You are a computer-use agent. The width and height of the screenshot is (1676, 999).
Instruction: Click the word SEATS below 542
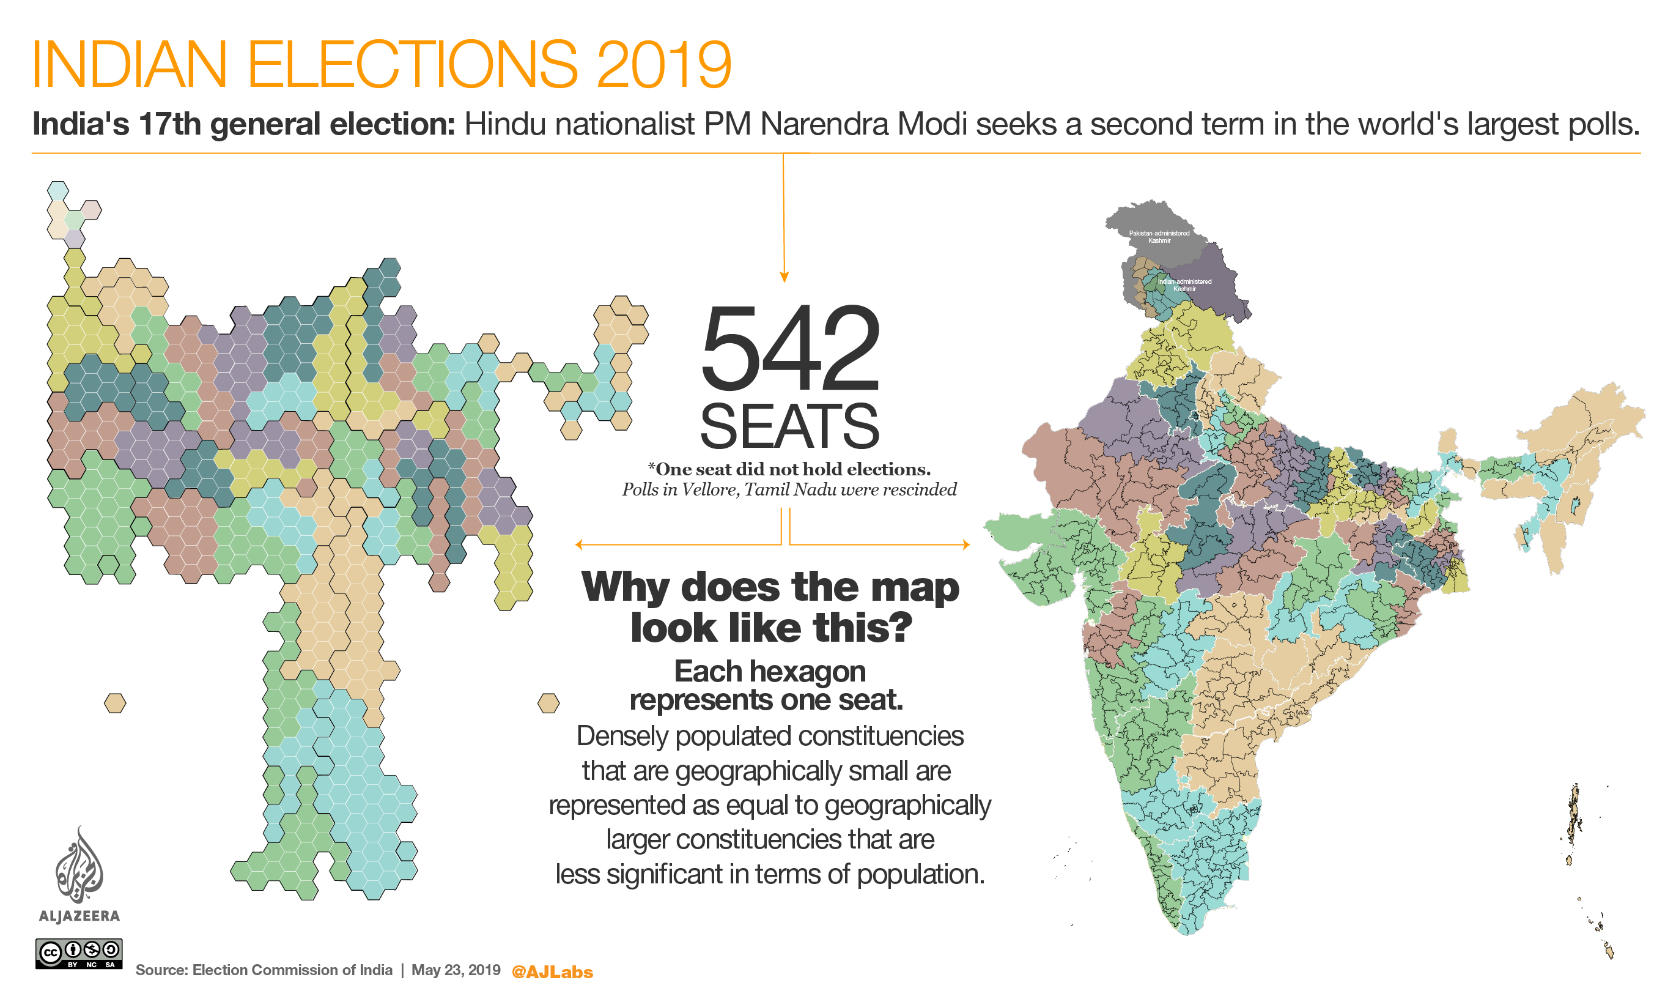[789, 427]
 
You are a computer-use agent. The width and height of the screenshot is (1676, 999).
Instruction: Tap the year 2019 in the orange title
[663, 65]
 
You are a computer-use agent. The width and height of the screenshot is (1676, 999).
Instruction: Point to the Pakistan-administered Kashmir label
[1159, 237]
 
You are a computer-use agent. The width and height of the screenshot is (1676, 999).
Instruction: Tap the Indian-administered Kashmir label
[1184, 284]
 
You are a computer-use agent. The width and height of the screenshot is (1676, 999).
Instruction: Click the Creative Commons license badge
[79, 953]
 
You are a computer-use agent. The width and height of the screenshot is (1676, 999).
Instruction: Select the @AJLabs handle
[552, 972]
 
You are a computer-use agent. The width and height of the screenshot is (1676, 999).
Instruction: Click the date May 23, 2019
[456, 970]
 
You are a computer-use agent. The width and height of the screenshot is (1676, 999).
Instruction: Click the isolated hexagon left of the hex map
[115, 704]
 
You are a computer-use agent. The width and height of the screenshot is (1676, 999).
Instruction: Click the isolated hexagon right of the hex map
[548, 704]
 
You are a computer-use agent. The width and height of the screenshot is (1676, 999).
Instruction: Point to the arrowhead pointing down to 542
[784, 277]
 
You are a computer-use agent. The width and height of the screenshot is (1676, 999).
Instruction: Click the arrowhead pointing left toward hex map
[579, 544]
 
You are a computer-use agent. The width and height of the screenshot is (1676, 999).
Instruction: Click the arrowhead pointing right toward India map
[966, 544]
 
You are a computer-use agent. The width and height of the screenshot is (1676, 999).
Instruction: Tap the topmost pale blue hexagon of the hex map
[58, 190]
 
